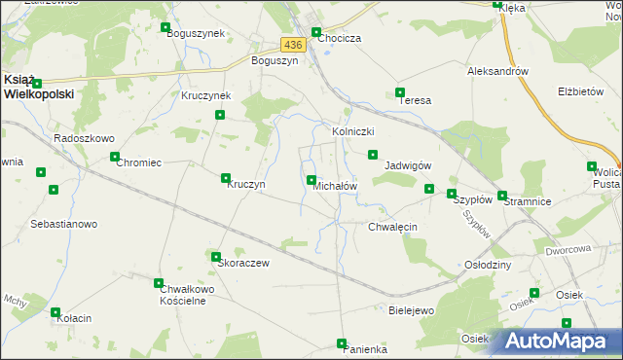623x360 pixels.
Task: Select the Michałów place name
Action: [336, 186]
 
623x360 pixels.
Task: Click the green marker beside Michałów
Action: [311, 180]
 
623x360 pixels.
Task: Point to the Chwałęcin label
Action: [392, 227]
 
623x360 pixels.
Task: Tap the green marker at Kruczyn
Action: [226, 178]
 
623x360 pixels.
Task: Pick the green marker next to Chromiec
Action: [115, 157]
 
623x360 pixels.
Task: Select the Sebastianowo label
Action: [64, 224]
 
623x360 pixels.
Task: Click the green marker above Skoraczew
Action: [216, 257]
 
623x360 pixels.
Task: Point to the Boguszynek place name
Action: [196, 33]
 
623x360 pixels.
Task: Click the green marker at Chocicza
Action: [316, 32]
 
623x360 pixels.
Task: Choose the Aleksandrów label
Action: [497, 71]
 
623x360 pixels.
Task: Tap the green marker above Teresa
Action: [400, 93]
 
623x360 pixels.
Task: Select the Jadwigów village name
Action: [409, 165]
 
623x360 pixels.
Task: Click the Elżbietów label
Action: [581, 91]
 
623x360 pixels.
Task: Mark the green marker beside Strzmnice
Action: [502, 196]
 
